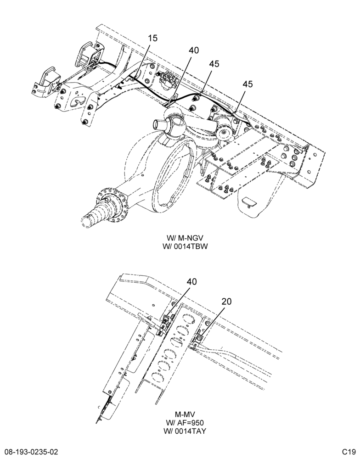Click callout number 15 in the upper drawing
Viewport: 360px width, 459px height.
(x=152, y=38)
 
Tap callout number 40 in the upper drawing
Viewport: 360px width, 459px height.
(x=194, y=50)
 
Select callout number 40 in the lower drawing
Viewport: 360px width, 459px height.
(x=192, y=282)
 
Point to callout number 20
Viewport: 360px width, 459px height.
(x=226, y=301)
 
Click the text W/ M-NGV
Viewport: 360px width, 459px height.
(x=185, y=238)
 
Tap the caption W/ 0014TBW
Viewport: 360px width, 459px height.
(x=185, y=246)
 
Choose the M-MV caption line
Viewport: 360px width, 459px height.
(x=185, y=414)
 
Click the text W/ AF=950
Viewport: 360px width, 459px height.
(x=185, y=423)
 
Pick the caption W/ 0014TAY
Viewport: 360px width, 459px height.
(x=185, y=431)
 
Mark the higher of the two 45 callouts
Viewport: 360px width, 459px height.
(x=214, y=64)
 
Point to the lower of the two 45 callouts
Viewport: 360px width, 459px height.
(x=247, y=84)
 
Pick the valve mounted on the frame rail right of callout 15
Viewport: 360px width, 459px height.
(x=167, y=78)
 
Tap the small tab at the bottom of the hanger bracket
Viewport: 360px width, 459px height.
(x=249, y=202)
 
